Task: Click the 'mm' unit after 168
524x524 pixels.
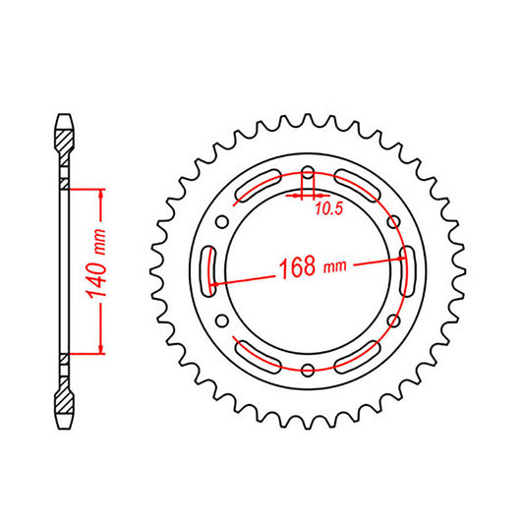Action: point(335,266)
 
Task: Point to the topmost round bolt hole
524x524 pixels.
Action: point(308,174)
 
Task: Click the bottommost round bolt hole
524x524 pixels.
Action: point(308,369)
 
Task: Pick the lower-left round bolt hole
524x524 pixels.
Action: point(224,320)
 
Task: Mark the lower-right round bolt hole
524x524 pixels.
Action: point(392,320)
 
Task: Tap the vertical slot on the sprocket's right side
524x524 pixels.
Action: point(408,271)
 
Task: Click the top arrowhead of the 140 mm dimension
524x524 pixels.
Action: point(98,193)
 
